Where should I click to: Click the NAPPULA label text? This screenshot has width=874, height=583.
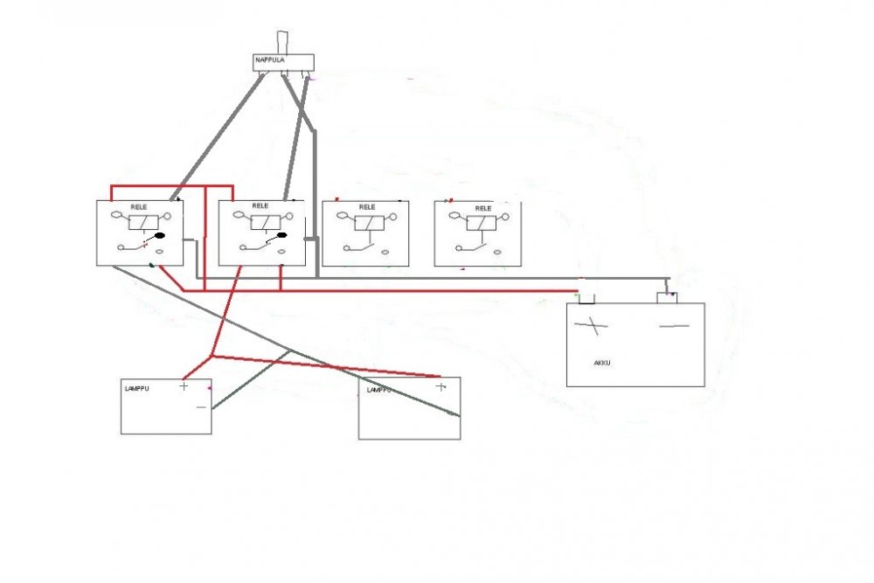270,59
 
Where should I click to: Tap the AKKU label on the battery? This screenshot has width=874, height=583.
602,363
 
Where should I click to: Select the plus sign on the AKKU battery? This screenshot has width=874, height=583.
592,325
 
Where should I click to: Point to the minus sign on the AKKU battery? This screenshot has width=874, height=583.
675,326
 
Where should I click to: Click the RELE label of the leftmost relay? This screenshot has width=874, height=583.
139,207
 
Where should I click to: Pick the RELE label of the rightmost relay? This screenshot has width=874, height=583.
483,208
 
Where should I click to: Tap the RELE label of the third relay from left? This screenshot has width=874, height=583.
367,207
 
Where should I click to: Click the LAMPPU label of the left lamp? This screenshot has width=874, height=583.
136,388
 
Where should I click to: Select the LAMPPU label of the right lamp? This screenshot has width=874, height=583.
378,390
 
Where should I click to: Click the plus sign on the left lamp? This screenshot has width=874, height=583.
184,385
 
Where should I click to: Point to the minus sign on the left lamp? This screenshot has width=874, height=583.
202,407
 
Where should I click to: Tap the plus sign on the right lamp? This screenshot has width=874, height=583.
441,386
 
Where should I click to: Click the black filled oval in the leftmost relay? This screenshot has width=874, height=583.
159,236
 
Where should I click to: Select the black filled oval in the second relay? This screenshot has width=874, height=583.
281,235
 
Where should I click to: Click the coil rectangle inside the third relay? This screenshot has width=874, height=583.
369,223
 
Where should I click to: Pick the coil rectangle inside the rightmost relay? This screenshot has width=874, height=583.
481,223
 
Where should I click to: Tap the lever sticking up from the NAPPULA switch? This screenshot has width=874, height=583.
282,43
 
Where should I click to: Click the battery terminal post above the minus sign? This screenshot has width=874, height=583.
667,298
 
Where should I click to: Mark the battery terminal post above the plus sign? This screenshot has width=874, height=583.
586,299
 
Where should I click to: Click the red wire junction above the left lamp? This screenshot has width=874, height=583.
212,356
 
